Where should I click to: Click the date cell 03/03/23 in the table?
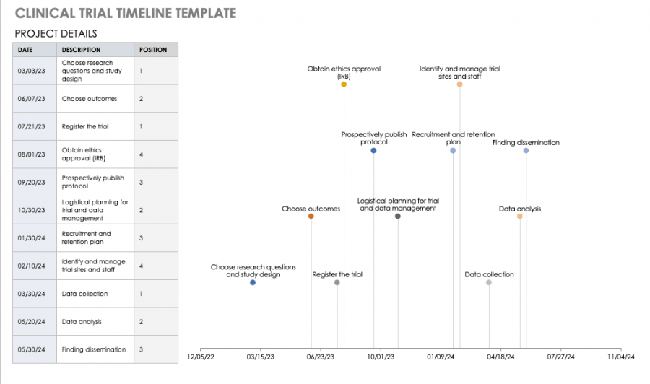31,71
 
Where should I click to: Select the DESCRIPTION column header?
82,50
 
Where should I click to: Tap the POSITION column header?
153,50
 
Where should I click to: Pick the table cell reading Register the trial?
85,126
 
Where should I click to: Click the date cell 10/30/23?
31,210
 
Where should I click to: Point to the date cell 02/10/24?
31,266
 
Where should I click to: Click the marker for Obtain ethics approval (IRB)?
344,84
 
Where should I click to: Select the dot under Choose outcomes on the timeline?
311,216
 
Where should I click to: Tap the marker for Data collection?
489,282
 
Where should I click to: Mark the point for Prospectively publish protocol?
373,150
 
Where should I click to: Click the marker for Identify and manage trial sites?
459,84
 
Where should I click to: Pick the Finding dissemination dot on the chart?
526,150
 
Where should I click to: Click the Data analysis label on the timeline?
520,209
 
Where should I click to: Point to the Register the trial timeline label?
337,274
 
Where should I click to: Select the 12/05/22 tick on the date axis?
201,357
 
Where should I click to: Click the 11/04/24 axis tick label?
620,357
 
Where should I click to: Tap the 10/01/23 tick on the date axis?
381,357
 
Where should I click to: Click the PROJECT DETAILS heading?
56,34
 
